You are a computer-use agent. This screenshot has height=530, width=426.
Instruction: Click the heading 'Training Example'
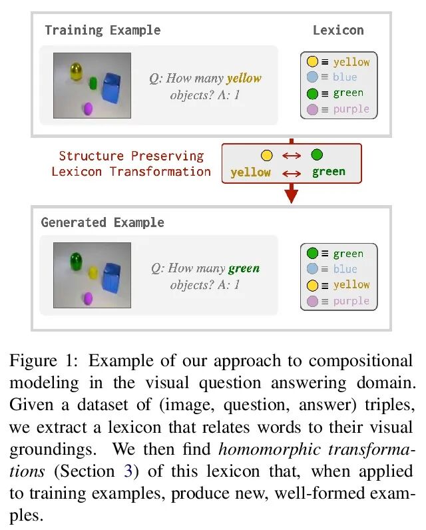tap(102, 30)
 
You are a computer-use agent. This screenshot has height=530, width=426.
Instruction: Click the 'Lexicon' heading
tap(338, 30)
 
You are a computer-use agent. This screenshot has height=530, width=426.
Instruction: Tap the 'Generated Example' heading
tap(103, 222)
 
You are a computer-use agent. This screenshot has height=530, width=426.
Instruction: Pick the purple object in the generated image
tap(87, 300)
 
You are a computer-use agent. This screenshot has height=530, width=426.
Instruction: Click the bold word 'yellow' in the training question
tap(244, 79)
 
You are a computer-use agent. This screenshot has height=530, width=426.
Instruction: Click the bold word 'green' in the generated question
tap(244, 269)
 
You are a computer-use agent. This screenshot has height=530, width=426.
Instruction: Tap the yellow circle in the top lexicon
tap(312, 62)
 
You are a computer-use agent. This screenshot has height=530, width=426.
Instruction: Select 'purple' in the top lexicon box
tap(351, 109)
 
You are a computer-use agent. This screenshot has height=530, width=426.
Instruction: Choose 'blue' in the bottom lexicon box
tap(345, 269)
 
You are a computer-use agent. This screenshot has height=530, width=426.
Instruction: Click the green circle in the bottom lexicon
tap(312, 254)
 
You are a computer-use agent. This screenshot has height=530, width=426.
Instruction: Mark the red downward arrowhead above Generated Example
tap(291, 196)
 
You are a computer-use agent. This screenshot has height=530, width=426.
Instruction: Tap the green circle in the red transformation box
tap(317, 156)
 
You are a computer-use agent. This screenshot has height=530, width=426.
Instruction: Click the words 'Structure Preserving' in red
tap(131, 156)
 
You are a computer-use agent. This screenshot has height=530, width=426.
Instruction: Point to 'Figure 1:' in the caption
tap(44, 362)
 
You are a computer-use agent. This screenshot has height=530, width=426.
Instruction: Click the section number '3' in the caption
tap(128, 472)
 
